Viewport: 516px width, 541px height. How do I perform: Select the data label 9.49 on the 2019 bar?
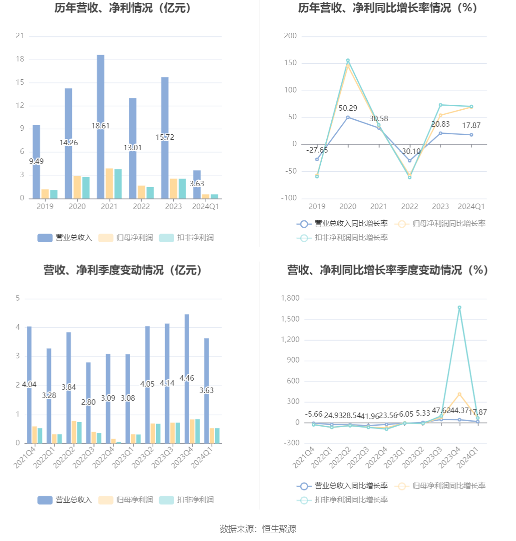pos(36,161)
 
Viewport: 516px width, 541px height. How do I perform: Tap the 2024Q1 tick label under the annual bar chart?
pos(206,206)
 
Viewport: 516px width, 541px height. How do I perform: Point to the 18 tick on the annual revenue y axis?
pos(20,59)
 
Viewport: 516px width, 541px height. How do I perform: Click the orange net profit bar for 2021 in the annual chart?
pos(109,183)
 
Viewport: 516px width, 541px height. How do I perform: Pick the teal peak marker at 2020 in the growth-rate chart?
pos(348,61)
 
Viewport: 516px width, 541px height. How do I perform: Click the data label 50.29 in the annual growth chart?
pos(348,108)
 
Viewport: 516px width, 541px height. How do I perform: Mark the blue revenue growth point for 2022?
pos(410,161)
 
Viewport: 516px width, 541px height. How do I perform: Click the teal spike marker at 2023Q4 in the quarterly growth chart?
pos(460,307)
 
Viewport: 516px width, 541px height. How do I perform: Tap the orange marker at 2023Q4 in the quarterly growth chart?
pos(460,394)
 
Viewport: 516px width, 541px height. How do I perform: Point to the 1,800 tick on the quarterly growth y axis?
pos(290,298)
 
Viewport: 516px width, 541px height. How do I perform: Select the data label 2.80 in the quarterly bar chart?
pos(88,402)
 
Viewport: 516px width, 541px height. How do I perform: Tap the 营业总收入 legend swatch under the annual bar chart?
pos(45,238)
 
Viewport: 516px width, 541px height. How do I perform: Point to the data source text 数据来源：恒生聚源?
pos(258,529)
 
